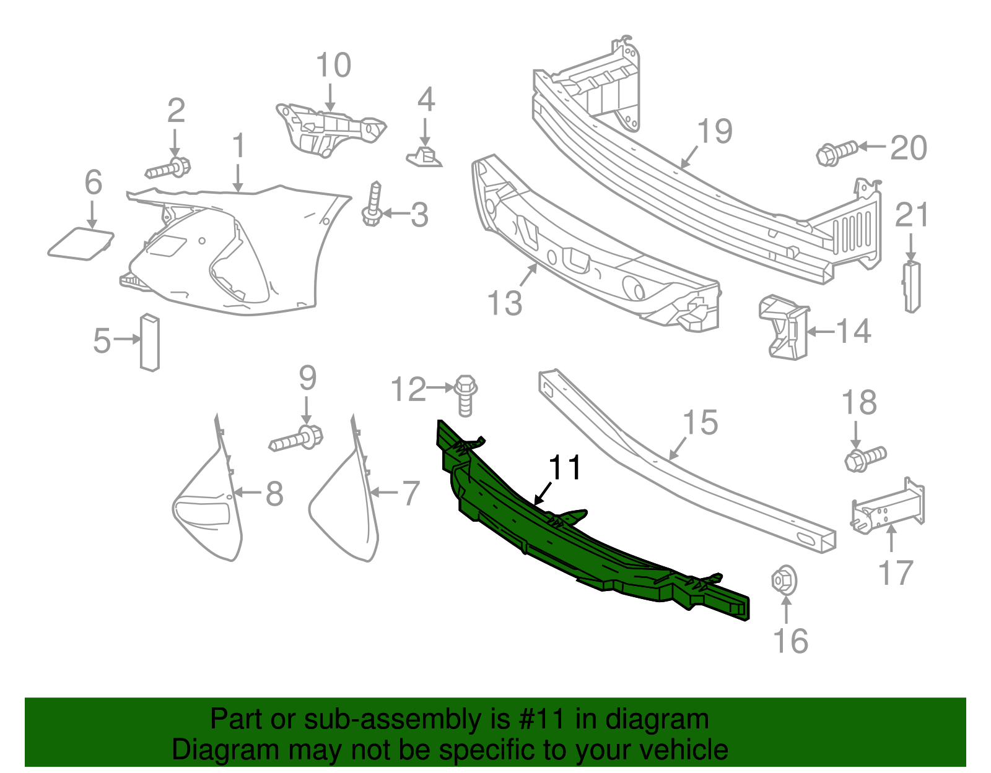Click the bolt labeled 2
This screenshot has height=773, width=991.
click(168, 168)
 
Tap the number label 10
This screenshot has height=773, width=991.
click(333, 66)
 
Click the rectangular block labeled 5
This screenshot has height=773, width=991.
click(150, 343)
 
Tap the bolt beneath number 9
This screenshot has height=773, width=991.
click(297, 439)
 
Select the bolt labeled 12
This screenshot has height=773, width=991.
click(465, 395)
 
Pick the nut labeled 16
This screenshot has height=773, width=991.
click(784, 580)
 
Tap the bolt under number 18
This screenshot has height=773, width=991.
click(865, 459)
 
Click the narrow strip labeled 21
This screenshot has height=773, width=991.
click(911, 287)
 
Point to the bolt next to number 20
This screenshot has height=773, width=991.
click(837, 152)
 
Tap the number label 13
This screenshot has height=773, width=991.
click(505, 303)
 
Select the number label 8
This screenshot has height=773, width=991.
click(274, 494)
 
